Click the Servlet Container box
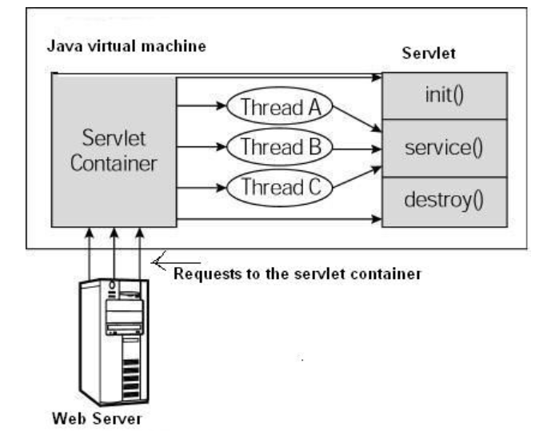114,150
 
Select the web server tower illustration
115,336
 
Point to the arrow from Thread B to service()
355,148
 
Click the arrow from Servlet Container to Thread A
202,105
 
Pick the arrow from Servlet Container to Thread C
202,189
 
